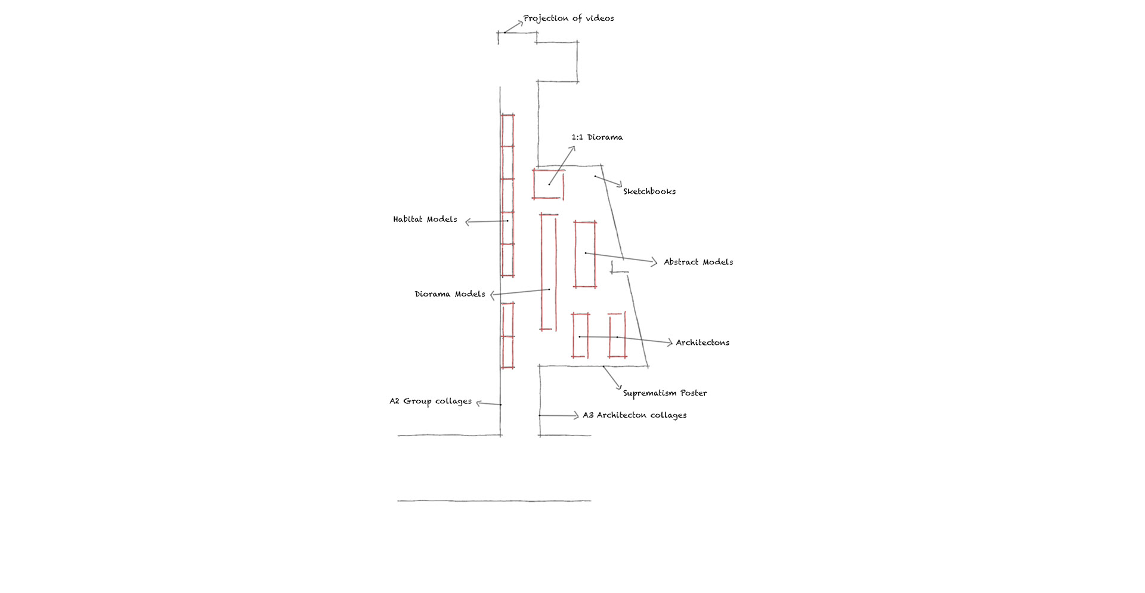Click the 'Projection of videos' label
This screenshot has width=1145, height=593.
pyautogui.click(x=568, y=18)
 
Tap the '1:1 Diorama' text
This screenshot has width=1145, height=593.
pyautogui.click(x=597, y=137)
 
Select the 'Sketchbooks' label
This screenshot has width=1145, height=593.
pyautogui.click(x=649, y=192)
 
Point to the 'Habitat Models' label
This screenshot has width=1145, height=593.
pyautogui.click(x=425, y=220)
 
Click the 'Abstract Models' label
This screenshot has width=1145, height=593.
pyautogui.click(x=698, y=262)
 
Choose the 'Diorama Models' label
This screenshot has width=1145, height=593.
pyautogui.click(x=450, y=294)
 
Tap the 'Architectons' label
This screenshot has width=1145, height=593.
pyautogui.click(x=703, y=342)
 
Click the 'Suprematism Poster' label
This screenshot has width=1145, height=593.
pyautogui.click(x=665, y=393)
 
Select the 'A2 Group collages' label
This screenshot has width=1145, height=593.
pyautogui.click(x=431, y=401)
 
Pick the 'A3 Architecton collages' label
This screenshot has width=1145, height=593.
pyautogui.click(x=635, y=415)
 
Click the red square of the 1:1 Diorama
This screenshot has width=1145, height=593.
pyautogui.click(x=548, y=171)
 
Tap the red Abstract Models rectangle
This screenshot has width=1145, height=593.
pyautogui.click(x=575, y=254)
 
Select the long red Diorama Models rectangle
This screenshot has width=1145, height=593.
pyautogui.click(x=541, y=271)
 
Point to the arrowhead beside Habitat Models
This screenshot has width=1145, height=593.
pyautogui.click(x=468, y=222)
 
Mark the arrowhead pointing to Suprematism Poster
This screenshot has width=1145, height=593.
pyautogui.click(x=620, y=387)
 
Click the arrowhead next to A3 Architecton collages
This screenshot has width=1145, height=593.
pyautogui.click(x=575, y=415)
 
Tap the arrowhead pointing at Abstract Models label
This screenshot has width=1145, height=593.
pyautogui.click(x=654, y=262)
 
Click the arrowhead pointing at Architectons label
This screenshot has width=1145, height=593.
pyautogui.click(x=670, y=342)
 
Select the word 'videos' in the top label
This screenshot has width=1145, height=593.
pyautogui.click(x=599, y=18)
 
